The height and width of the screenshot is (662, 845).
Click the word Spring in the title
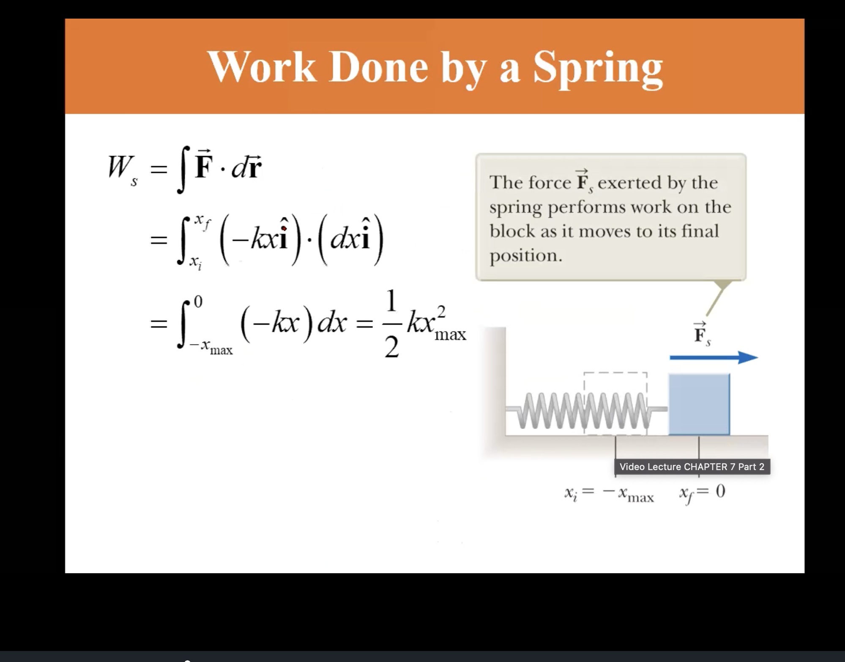(598, 68)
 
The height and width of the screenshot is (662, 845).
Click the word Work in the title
(262, 68)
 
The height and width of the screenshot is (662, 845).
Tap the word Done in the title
(378, 68)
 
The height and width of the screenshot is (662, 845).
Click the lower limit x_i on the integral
(195, 263)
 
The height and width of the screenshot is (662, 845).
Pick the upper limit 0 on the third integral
(198, 301)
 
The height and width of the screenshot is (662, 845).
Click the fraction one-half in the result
(391, 324)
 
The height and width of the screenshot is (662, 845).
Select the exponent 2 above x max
(441, 311)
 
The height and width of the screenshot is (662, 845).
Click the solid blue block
(699, 404)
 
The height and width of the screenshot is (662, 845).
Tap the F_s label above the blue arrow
(701, 334)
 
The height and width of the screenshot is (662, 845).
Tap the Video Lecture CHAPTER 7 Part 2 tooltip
(692, 467)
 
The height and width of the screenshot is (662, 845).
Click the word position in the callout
(526, 256)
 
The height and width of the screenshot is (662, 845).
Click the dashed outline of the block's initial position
(615, 373)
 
